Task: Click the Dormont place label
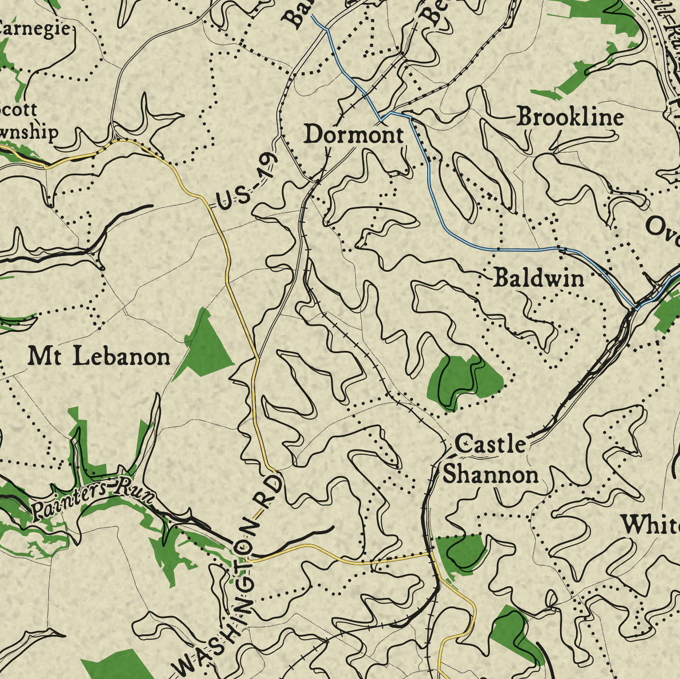coord(354,135)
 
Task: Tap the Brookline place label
coord(570,117)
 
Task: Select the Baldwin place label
coord(539,278)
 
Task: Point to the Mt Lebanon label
coord(99,357)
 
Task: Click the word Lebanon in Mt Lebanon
coord(121,357)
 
